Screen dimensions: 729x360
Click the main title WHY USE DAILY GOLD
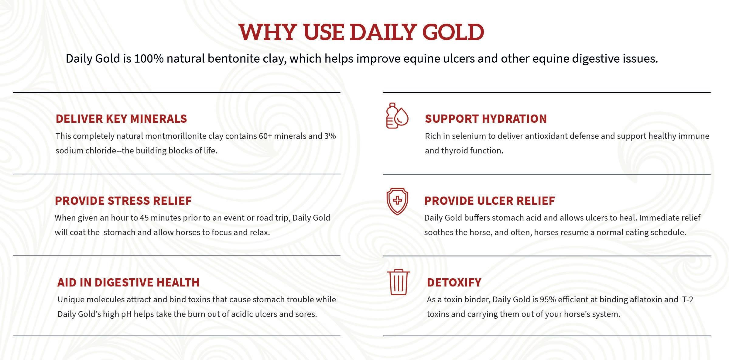(x=361, y=32)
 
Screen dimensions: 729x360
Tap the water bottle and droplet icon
(x=397, y=115)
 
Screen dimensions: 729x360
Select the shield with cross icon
(x=397, y=201)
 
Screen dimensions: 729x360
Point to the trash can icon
(x=398, y=282)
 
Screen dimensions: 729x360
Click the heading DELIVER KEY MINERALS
(x=121, y=119)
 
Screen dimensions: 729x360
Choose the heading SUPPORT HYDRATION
(x=486, y=119)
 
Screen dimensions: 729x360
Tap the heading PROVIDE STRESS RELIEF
(x=123, y=201)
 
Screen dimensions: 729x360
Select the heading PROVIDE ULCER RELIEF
(x=489, y=201)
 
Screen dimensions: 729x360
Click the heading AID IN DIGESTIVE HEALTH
(x=128, y=283)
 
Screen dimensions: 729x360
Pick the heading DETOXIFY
(x=454, y=283)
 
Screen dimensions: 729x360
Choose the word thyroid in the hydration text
(x=454, y=151)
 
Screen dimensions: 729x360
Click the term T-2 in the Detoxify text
(x=688, y=300)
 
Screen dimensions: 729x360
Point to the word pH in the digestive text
(x=126, y=314)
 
